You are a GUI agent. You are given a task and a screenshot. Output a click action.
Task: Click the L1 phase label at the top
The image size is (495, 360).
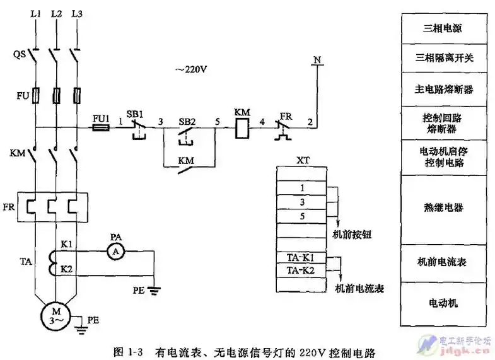pos(35,13)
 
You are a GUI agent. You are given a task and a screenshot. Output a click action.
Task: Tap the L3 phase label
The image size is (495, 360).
pos(77,13)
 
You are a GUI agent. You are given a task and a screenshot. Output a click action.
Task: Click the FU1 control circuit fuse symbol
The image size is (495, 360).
pos(101,127)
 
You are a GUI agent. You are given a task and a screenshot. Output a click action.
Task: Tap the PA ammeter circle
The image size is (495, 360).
pos(114,251)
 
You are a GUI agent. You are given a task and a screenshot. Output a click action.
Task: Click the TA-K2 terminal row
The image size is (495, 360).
pos(301,270)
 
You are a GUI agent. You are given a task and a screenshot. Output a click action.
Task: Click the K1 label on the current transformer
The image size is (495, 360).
pos(66,243)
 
